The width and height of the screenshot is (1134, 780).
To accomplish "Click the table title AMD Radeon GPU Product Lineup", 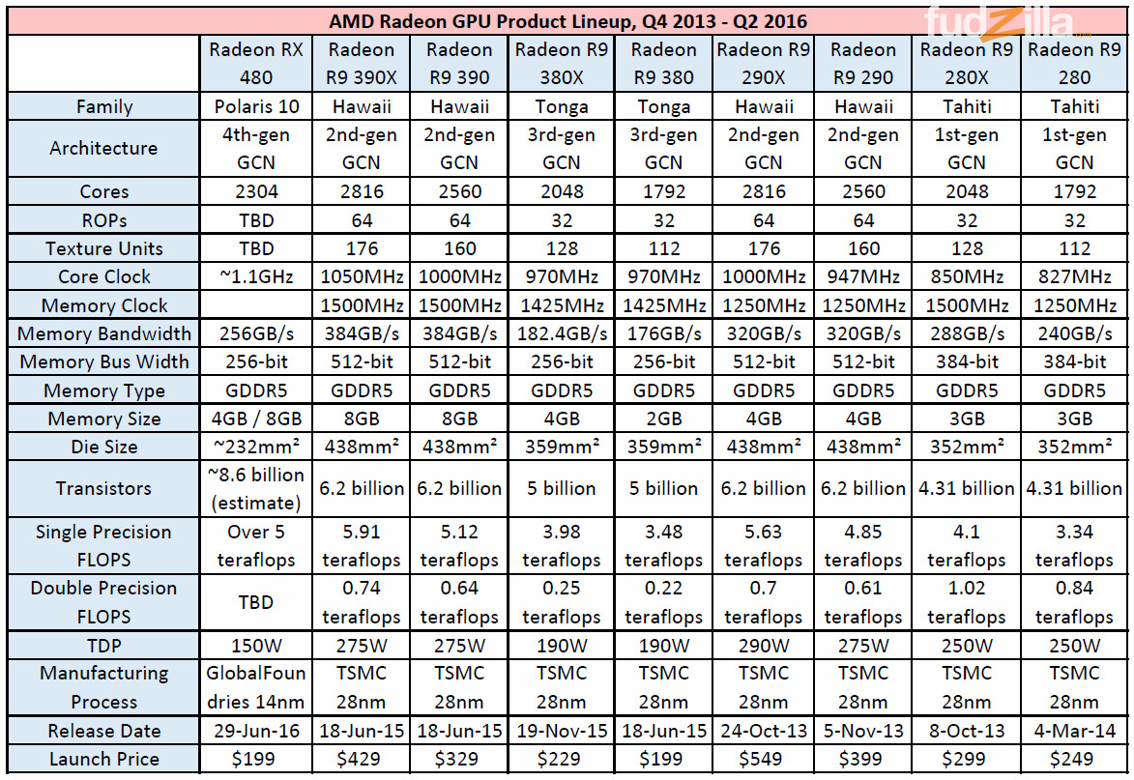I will tap(567, 20).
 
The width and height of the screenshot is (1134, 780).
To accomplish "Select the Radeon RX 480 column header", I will tap(256, 64).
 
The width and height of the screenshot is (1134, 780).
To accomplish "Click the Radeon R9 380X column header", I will tap(562, 64).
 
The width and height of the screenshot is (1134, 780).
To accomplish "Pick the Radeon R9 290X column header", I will tap(764, 64).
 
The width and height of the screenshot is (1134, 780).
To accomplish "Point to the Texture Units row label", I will tap(104, 248).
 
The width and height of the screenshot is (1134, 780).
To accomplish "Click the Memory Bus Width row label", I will tap(104, 362).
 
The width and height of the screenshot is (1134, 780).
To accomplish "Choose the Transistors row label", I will tap(104, 488).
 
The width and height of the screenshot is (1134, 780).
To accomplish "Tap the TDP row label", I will tap(104, 645).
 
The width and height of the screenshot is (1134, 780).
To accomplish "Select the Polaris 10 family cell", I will tap(256, 107).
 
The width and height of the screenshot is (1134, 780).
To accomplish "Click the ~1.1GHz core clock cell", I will tap(256, 276).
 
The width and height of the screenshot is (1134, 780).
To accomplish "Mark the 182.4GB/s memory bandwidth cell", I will tap(562, 333).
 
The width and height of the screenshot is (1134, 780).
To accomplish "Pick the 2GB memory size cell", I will tap(663, 419).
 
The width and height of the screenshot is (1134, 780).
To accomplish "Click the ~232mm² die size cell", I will tap(256, 447).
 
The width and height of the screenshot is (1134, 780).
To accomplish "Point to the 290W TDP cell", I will tap(764, 645).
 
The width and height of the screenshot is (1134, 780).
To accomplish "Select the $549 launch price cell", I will tap(764, 759).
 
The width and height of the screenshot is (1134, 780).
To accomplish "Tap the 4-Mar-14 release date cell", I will tap(1075, 731).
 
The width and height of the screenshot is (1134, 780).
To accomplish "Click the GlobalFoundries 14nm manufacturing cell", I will tap(256, 687).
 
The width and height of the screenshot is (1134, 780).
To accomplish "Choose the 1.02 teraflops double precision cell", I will tap(967, 602).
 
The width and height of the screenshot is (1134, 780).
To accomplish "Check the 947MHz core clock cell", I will tap(863, 276).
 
